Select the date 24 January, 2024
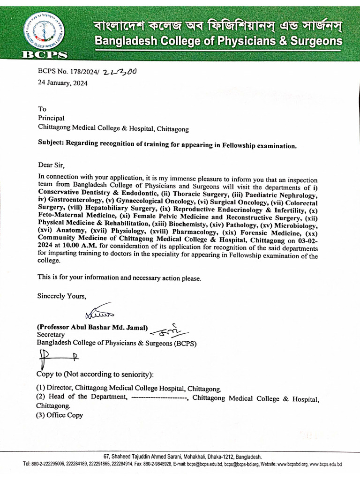(x=62, y=83)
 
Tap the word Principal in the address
(x=51, y=118)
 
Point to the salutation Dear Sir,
(x=50, y=165)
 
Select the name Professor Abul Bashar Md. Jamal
(x=93, y=327)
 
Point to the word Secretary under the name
(x=51, y=335)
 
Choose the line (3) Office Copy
(x=60, y=415)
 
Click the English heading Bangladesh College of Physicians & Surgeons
(x=218, y=42)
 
